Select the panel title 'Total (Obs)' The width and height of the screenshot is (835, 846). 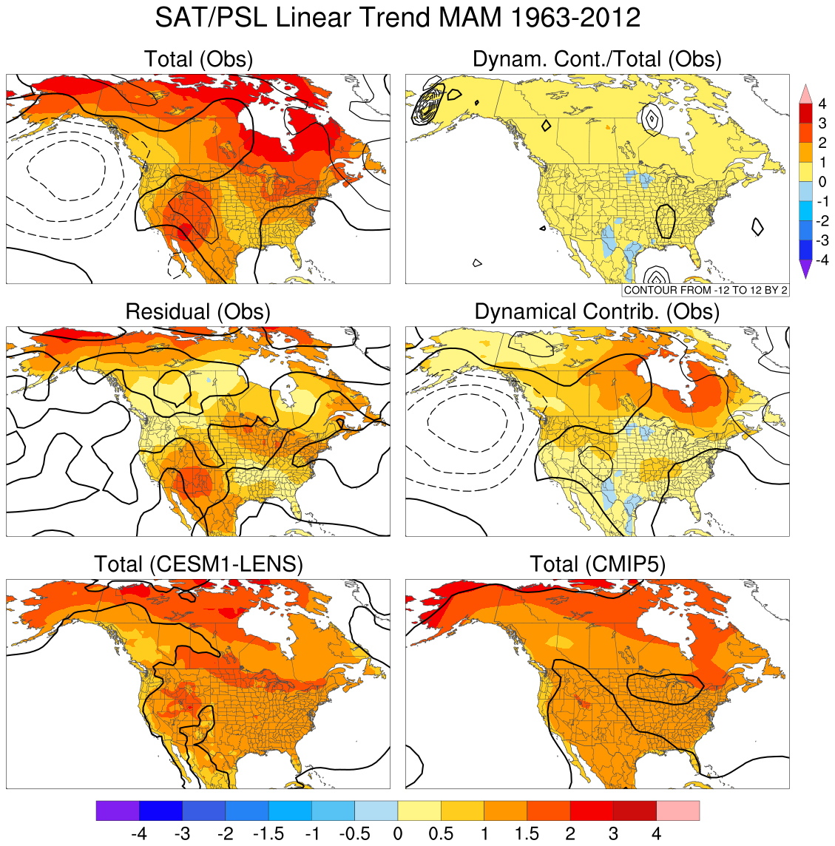tap(198, 59)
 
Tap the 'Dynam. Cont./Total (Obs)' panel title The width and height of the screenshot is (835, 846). tap(597, 59)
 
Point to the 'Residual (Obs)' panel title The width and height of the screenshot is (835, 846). tap(198, 311)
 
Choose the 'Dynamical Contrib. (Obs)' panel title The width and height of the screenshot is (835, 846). tap(597, 311)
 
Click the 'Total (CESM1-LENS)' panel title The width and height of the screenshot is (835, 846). tap(198, 564)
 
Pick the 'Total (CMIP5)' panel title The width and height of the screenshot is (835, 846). tap(597, 564)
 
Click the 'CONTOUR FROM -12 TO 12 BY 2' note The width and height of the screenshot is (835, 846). tap(706, 290)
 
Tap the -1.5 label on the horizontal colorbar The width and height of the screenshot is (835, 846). tap(268, 834)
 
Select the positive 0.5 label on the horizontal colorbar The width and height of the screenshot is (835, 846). tap(441, 834)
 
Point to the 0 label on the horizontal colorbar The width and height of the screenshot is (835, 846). tap(398, 834)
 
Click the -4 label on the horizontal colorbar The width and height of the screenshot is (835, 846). tap(138, 834)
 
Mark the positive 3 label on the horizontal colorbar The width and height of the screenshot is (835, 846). tap(613, 834)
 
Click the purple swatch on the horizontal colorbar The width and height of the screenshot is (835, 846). tap(118, 811)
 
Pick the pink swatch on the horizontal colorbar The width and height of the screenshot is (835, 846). tap(677, 811)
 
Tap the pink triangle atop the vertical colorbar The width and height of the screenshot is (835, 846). tap(805, 94)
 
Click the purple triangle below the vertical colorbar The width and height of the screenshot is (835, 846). tap(805, 270)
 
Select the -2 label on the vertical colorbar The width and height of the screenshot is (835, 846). tap(821, 221)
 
